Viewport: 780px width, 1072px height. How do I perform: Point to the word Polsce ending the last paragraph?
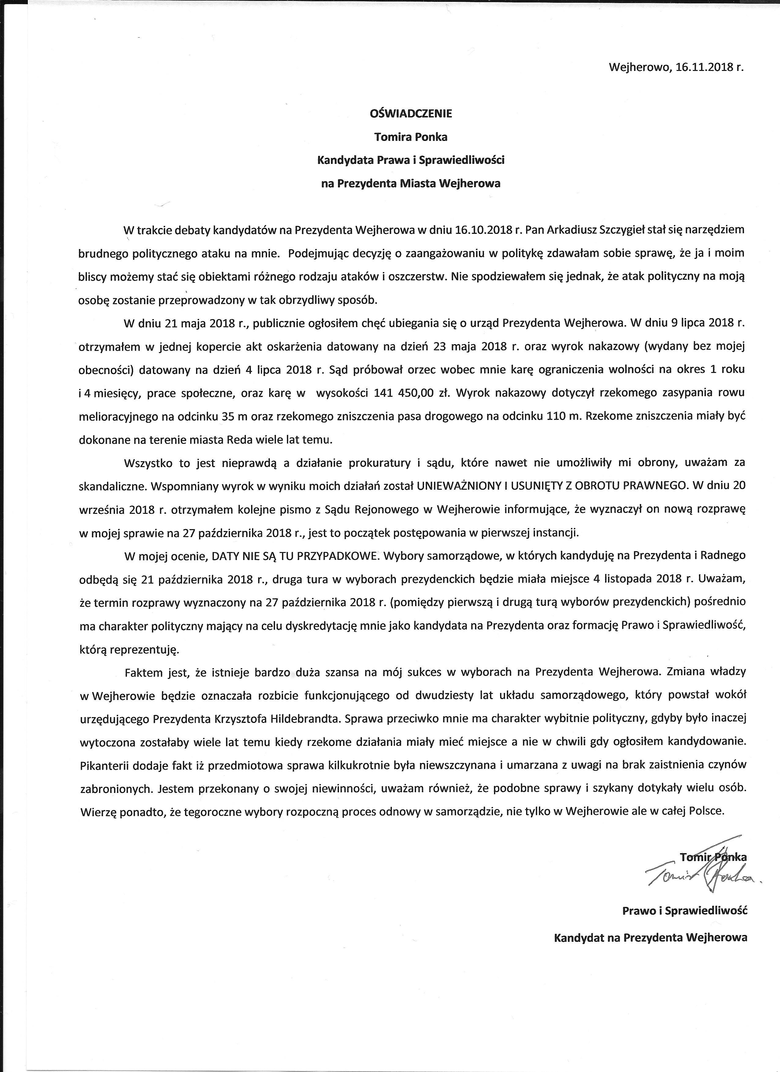point(707,811)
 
